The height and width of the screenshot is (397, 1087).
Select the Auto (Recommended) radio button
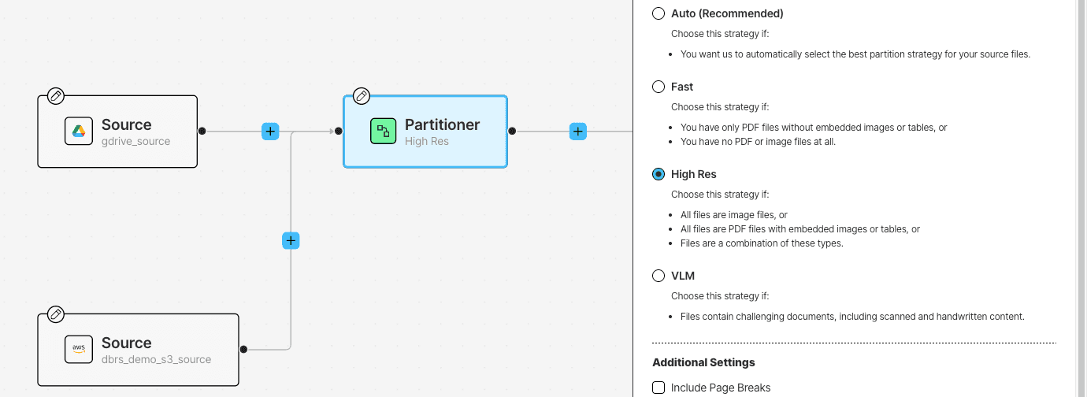[658, 13]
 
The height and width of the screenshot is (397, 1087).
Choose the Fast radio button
[658, 87]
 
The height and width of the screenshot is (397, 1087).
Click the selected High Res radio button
[658, 174]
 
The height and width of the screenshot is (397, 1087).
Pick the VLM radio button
[658, 276]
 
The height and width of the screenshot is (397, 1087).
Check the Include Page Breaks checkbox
[658, 388]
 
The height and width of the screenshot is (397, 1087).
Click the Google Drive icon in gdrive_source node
[79, 131]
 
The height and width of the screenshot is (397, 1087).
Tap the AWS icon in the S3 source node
[79, 350]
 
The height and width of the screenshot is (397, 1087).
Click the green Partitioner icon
[383, 131]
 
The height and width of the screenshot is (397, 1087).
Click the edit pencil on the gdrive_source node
[56, 96]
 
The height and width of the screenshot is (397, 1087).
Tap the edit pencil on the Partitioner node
[361, 96]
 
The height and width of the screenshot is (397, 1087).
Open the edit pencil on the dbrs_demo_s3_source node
[56, 314]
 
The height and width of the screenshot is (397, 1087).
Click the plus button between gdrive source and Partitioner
[270, 131]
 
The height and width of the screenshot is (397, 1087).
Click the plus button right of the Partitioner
[577, 131]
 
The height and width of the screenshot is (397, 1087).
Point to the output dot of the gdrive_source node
[202, 131]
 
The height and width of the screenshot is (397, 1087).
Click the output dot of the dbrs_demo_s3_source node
[243, 350]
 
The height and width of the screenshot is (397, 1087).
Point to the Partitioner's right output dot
[512, 131]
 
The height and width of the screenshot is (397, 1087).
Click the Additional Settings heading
[703, 362]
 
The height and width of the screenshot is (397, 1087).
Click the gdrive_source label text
[135, 141]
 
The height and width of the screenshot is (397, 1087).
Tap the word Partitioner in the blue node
[442, 124]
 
